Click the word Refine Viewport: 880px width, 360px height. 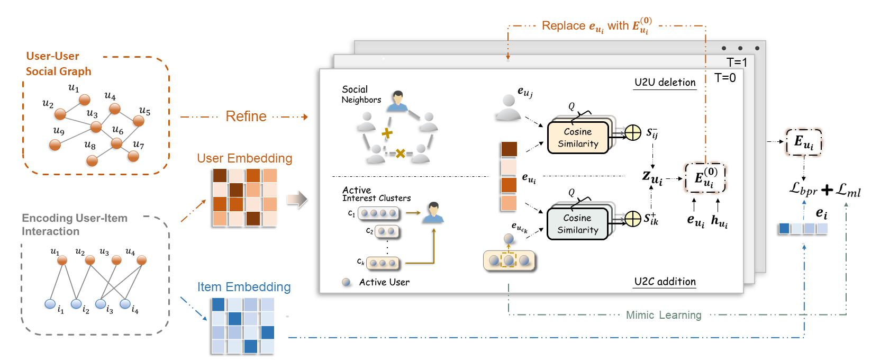246,116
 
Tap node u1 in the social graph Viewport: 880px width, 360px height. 85,100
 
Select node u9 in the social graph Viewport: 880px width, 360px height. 55,145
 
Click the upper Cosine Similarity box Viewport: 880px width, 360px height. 578,138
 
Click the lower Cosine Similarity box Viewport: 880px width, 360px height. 577,224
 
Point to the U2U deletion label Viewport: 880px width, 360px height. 665,83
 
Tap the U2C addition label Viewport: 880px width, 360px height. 665,282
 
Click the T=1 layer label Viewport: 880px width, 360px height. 737,62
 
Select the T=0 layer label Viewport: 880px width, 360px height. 725,78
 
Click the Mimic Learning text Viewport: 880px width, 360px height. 664,315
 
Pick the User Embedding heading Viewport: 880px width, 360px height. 244,158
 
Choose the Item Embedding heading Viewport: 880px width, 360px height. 244,287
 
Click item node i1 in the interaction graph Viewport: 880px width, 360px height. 50,304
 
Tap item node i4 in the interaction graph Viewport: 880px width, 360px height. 125,304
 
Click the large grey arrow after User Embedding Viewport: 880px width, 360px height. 297,199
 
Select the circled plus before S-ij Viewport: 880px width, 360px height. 633,132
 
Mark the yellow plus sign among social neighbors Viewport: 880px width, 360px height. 387,133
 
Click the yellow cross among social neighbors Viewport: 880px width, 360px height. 401,154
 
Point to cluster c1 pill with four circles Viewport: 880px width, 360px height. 379,213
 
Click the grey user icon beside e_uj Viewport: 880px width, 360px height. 509,107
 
